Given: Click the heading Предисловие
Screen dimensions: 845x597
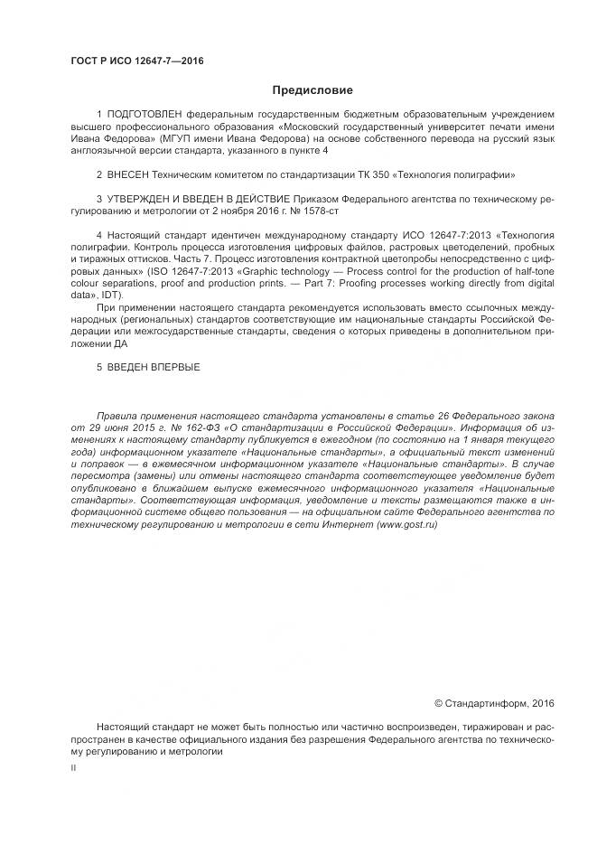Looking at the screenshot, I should point(312,90).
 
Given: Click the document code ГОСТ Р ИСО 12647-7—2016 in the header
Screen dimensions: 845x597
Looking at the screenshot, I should point(136,61).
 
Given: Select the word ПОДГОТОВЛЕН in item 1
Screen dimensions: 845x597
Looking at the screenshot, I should point(144,115).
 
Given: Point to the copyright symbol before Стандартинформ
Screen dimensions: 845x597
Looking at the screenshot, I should point(439,702).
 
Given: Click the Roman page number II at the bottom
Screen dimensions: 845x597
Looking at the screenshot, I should point(73,767).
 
